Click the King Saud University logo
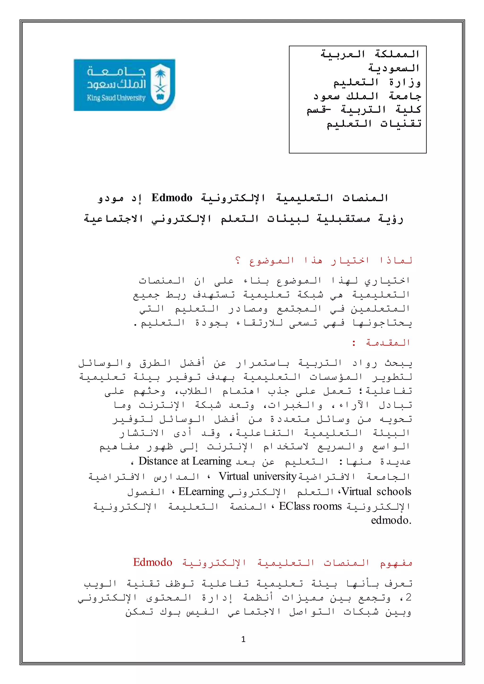click(124, 85)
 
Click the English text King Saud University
click(116, 98)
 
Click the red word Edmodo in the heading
click(153, 562)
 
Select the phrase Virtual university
click(258, 476)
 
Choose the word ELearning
click(201, 491)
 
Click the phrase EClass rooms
click(310, 506)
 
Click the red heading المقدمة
click(388, 343)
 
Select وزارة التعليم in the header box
click(377, 82)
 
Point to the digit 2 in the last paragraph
click(408, 597)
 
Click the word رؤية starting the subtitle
click(391, 219)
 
